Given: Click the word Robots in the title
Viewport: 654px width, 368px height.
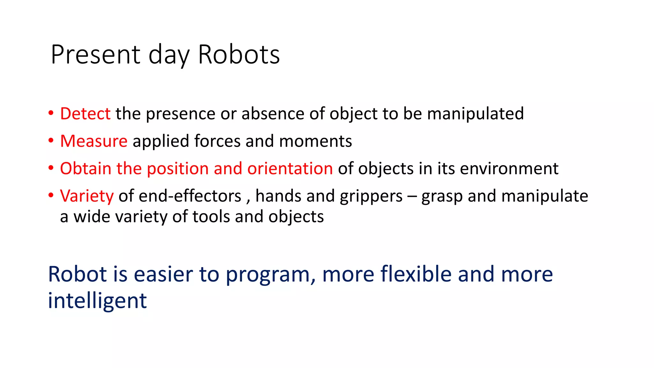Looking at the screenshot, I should point(239,55).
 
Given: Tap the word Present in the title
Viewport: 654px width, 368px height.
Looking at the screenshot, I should point(95,55).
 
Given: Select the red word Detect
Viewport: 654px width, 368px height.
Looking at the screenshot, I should point(85,114).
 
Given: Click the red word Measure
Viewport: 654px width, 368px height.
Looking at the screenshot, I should point(94,141).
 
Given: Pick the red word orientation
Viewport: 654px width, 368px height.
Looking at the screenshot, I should point(290,168).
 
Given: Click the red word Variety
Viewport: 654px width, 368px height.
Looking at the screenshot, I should point(87,196).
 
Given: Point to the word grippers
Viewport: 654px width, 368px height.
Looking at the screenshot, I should point(371,196).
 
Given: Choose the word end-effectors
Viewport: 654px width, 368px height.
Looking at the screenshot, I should point(190,196).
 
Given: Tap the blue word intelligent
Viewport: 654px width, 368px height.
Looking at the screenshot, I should point(97,301).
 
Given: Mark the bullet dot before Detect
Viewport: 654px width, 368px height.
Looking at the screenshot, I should point(51,113).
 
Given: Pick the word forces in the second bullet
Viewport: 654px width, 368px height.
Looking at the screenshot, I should point(217,141).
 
